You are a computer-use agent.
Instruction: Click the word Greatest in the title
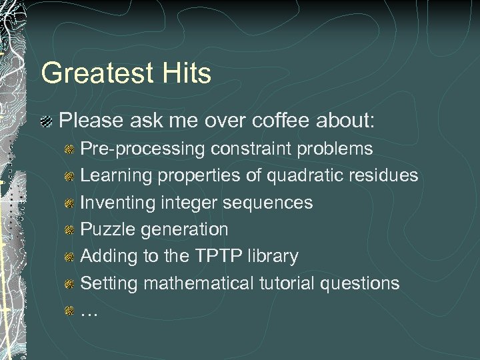[x=97, y=73]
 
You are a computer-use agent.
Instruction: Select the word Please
[x=89, y=121]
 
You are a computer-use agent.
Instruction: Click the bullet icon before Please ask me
[x=47, y=122]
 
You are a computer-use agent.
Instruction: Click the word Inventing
[x=117, y=202]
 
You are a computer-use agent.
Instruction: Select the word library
[x=274, y=256]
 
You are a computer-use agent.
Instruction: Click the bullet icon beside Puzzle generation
[x=69, y=230]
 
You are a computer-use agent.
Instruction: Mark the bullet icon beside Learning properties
[x=69, y=176]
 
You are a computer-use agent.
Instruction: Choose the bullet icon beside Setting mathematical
[x=69, y=284]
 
